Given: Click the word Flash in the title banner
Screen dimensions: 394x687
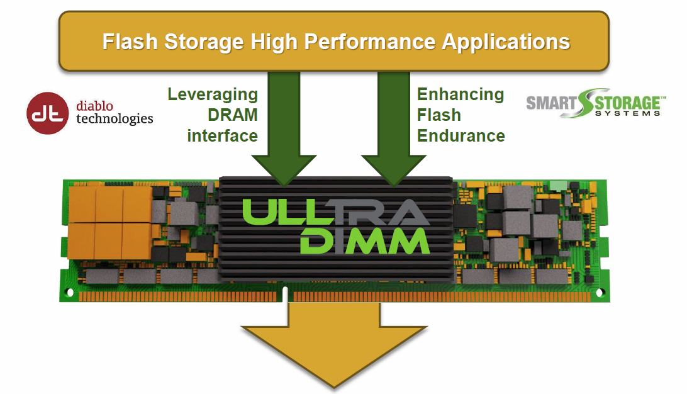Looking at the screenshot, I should tap(128, 42).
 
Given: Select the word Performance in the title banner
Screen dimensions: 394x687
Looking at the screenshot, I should tap(372, 42).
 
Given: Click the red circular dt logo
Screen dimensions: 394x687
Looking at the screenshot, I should tap(48, 113).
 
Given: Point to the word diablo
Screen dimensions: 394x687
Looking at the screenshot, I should tap(94, 105).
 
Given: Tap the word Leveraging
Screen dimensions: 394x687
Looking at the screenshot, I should tap(213, 94).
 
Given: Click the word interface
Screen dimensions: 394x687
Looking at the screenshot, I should tap(223, 135).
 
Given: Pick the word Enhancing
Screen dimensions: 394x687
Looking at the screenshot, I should tap(461, 94).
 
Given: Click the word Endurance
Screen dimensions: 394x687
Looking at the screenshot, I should tap(461, 135).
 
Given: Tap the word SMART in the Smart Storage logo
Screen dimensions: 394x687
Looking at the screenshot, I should tap(548, 103).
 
